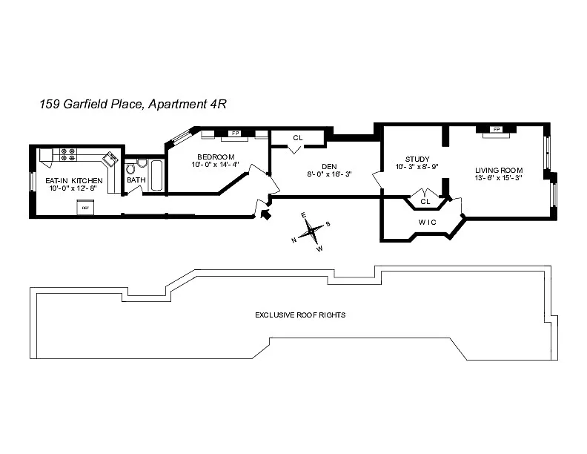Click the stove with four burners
tap(67, 154)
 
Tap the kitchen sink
tap(110, 159)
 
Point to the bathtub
tap(156, 174)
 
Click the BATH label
tap(136, 180)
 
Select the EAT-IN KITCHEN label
tap(73, 180)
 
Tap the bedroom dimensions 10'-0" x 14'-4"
tap(216, 165)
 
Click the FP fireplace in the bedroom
tap(236, 134)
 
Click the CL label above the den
tap(297, 138)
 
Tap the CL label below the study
tap(425, 201)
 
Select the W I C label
tap(426, 223)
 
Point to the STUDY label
tap(417, 159)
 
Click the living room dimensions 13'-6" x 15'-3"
tap(499, 177)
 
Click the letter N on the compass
tap(294, 240)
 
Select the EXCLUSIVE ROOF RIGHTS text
tap(300, 315)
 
